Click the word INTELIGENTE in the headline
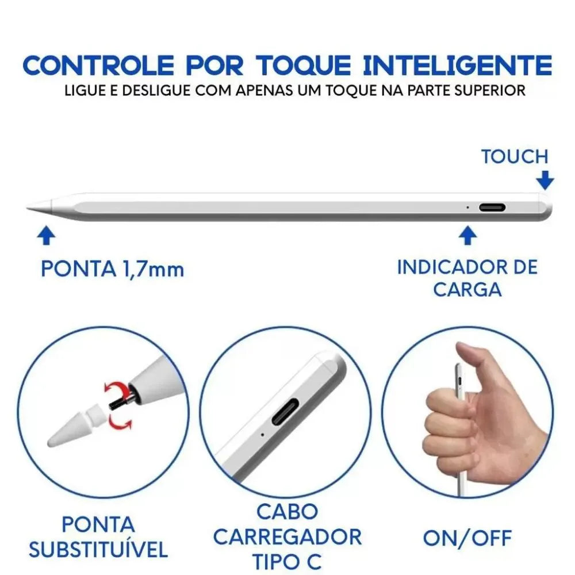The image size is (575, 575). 457,66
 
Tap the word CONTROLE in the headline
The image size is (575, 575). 98,66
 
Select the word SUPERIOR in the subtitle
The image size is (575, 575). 489,91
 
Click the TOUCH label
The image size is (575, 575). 515,156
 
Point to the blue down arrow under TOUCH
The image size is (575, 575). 545,180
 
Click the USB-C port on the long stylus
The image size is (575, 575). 492,208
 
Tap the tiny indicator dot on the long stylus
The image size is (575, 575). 467,208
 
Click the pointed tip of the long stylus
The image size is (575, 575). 27,208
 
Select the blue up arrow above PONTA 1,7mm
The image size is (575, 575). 46,235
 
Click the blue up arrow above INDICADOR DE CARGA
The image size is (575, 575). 467,235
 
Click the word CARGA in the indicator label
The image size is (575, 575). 467,290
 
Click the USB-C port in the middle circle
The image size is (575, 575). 285,412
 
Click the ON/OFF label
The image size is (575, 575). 467,538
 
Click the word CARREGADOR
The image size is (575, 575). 287,537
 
